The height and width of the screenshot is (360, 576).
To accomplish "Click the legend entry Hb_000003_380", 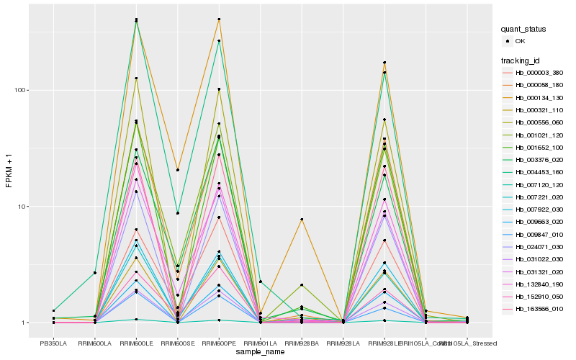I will point(534,73).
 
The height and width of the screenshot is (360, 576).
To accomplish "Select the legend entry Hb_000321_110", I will point(534,110).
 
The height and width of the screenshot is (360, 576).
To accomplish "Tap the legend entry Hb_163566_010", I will point(534,309).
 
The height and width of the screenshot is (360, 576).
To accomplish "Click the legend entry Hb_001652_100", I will point(534,147).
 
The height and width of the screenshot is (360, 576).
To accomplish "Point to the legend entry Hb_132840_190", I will point(534,284).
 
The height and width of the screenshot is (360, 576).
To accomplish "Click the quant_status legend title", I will point(523,29).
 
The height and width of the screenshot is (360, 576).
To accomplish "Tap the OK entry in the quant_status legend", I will point(520,41).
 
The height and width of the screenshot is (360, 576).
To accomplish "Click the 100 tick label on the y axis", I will point(20,90).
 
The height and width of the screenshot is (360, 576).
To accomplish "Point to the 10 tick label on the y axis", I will point(22,207).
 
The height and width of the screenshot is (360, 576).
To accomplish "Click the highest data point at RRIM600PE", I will point(219,19).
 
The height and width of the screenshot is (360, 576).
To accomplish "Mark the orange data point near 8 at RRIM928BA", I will point(302,219).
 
